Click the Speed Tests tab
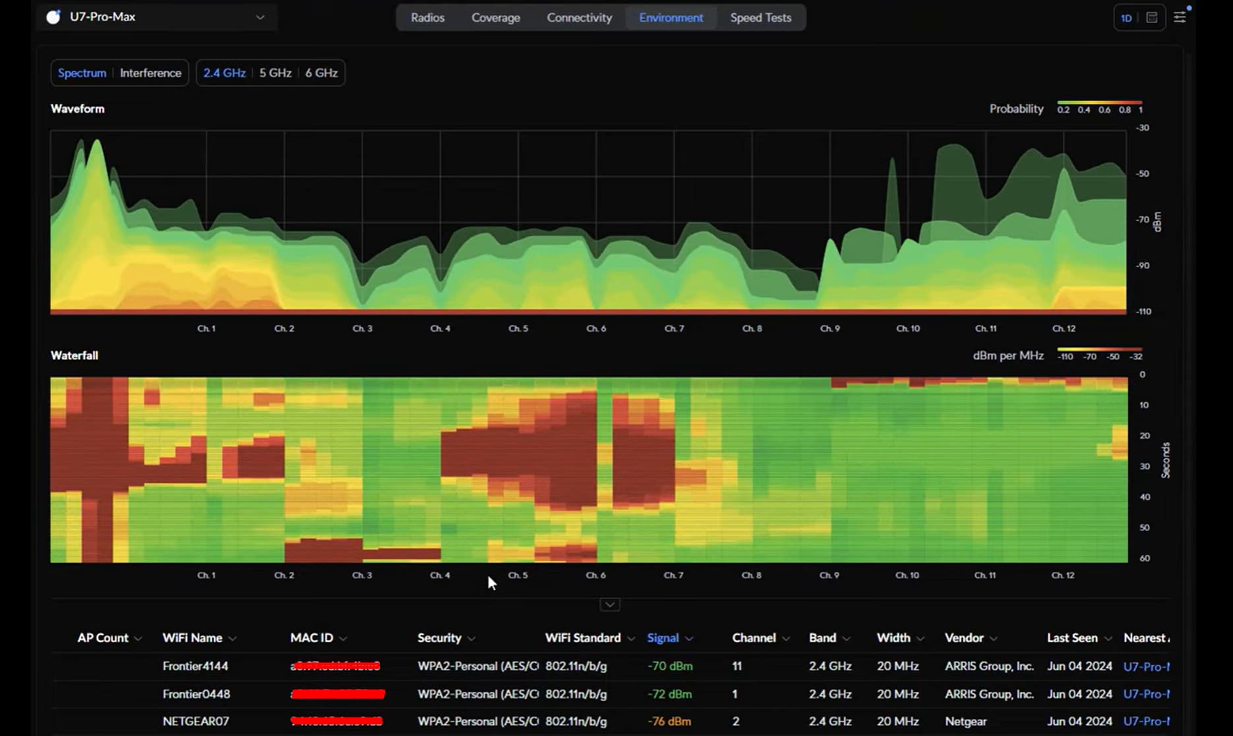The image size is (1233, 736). (760, 18)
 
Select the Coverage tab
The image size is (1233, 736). (495, 18)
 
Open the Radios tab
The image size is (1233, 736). (427, 18)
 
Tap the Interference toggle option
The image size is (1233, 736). (150, 73)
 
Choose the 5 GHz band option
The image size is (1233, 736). (275, 73)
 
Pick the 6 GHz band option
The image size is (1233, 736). (321, 73)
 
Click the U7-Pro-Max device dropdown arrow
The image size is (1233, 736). (260, 17)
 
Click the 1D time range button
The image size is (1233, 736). (1126, 18)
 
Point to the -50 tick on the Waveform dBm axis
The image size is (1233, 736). (1143, 173)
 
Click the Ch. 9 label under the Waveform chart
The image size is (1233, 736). (829, 328)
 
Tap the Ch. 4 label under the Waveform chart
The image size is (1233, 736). (440, 328)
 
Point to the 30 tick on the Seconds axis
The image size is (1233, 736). (1145, 466)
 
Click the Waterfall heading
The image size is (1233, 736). (75, 355)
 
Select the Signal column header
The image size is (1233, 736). (663, 638)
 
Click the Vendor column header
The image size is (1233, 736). (963, 638)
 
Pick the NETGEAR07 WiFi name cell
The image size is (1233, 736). (196, 721)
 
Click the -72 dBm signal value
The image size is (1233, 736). (669, 694)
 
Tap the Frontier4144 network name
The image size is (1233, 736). (195, 666)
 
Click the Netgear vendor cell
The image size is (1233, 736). (965, 721)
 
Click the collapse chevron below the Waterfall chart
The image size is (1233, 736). (610, 604)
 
